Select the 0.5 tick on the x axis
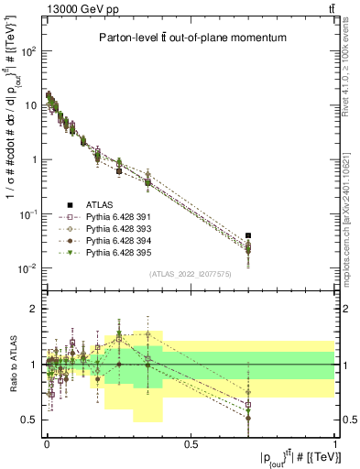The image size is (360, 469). click(191, 442)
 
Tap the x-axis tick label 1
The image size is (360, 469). click(335, 442)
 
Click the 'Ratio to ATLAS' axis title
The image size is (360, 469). click(12, 364)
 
